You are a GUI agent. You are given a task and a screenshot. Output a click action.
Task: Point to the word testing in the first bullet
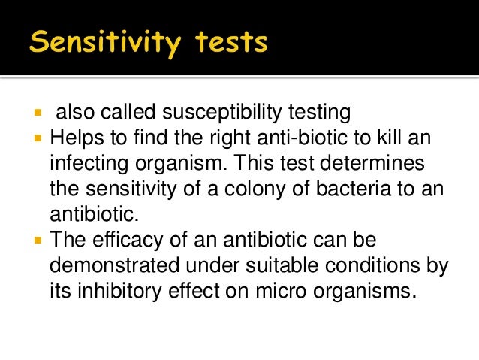(x=321, y=113)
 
